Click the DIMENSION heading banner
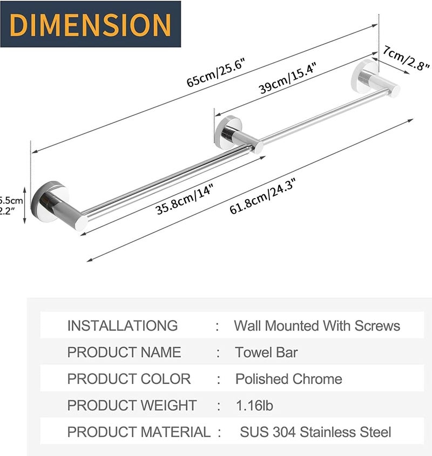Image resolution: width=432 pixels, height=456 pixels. tap(90, 24)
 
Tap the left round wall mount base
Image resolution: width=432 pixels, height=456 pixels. tap(49, 202)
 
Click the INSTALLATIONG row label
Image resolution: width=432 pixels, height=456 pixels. tap(122, 326)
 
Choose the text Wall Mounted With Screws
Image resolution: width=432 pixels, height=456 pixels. tap(317, 326)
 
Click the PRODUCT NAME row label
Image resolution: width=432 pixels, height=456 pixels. tap(124, 352)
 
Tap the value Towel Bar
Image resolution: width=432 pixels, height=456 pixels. tap(266, 352)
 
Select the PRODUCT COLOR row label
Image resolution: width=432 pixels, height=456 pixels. tap(129, 379)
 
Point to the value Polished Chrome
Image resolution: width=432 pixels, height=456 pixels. tap(288, 379)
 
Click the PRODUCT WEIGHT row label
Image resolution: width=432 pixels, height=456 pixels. tap(132, 405)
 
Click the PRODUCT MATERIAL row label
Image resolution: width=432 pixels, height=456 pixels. tap(139, 432)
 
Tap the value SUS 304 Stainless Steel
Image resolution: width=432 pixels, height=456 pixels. tap(315, 432)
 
